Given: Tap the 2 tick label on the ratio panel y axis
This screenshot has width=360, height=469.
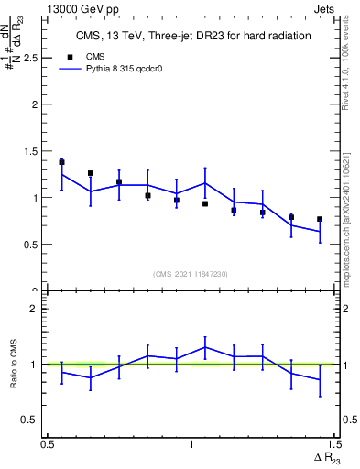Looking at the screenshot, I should [x=36, y=309].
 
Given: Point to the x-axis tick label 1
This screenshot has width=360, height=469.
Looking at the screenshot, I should [x=191, y=444].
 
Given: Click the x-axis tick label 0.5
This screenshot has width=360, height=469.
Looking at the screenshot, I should [x=49, y=444].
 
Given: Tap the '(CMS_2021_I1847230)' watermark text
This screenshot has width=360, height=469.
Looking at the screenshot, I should [x=191, y=274].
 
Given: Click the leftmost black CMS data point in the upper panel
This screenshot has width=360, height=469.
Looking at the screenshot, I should [x=61, y=162].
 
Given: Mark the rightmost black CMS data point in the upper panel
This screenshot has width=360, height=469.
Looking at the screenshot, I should [x=320, y=219].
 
